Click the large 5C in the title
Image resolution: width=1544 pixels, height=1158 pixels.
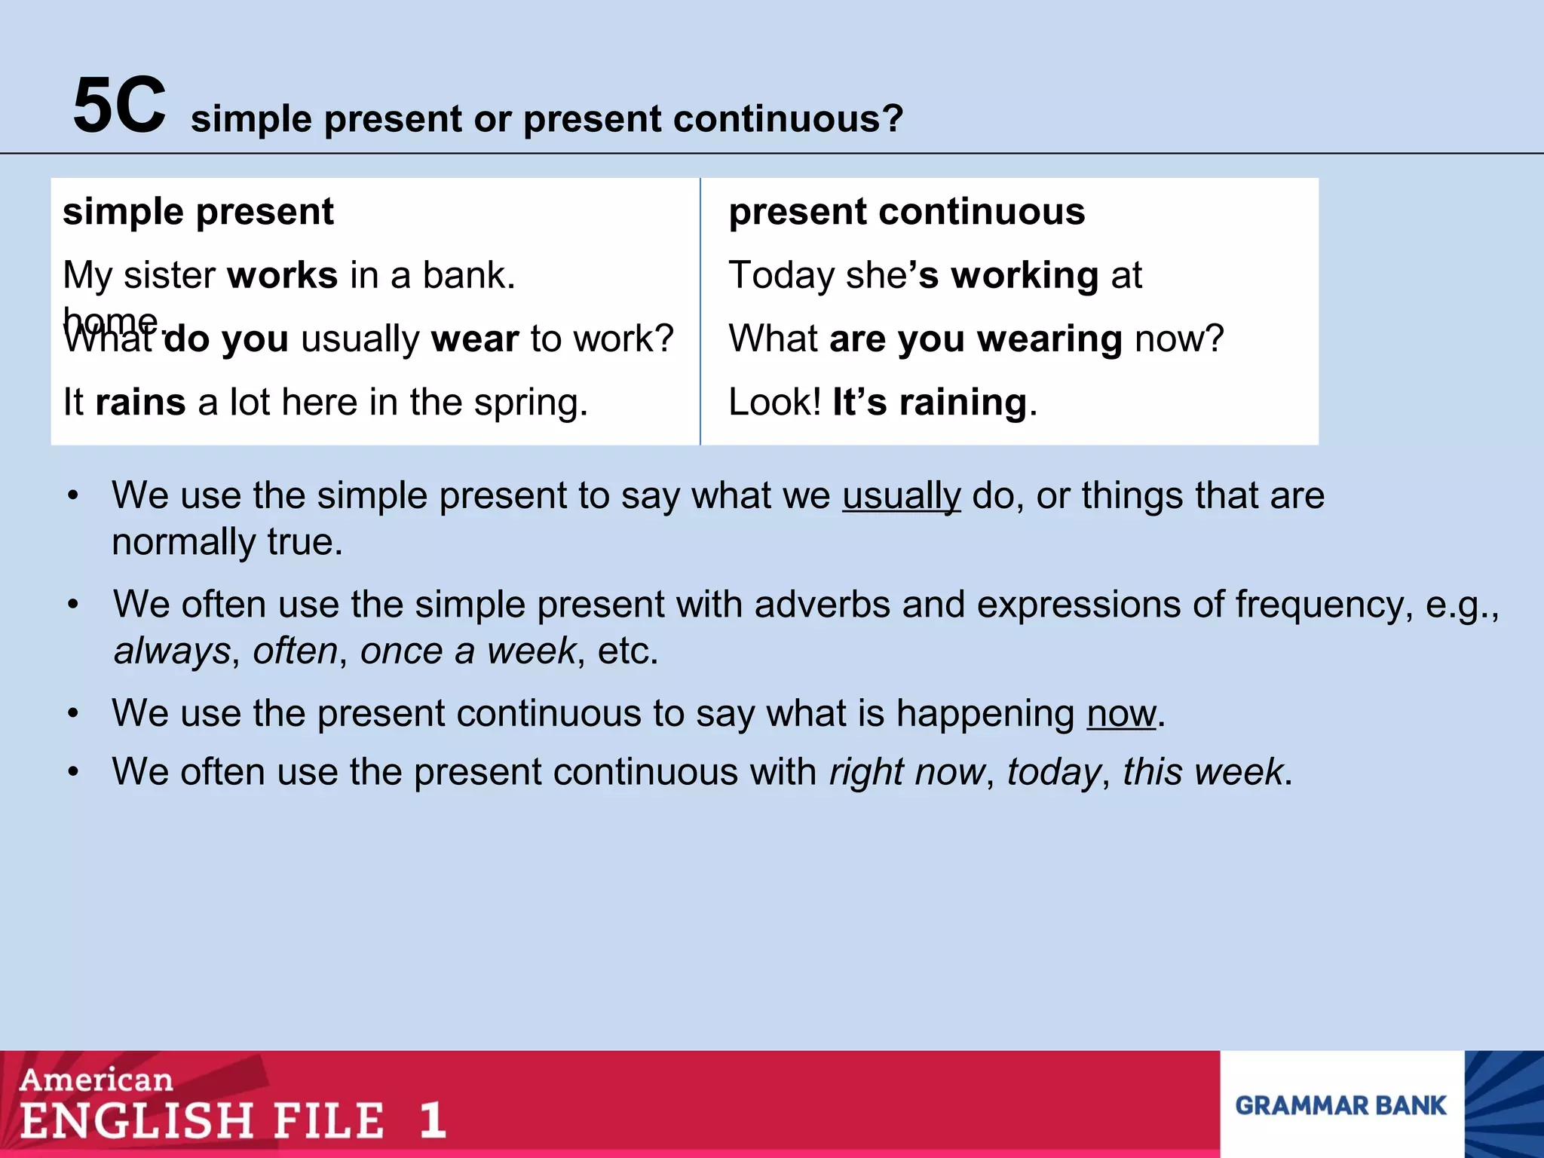[x=119, y=106]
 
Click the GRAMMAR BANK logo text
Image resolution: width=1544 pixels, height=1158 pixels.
[x=1340, y=1105]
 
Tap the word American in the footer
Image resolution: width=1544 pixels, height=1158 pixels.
[x=96, y=1080]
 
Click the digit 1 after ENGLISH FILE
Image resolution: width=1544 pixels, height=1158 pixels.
[x=432, y=1120]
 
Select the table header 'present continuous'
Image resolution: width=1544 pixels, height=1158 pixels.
[x=906, y=211]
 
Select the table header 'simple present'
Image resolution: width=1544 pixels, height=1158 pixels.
[x=198, y=211]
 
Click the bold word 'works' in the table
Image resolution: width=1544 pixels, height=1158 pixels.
[x=282, y=275]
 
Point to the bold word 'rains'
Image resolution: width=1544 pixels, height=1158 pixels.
[x=140, y=402]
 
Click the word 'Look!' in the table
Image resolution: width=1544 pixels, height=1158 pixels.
[x=774, y=402]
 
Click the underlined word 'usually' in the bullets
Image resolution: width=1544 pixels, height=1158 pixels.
[x=901, y=496]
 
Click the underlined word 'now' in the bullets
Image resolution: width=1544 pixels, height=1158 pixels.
[x=1120, y=713]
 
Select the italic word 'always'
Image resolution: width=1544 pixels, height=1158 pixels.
[x=172, y=651]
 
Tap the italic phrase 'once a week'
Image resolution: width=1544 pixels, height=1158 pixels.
[x=467, y=651]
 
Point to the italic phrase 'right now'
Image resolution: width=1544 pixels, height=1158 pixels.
[x=906, y=772]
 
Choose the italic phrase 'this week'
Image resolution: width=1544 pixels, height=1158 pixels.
[x=1202, y=772]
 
